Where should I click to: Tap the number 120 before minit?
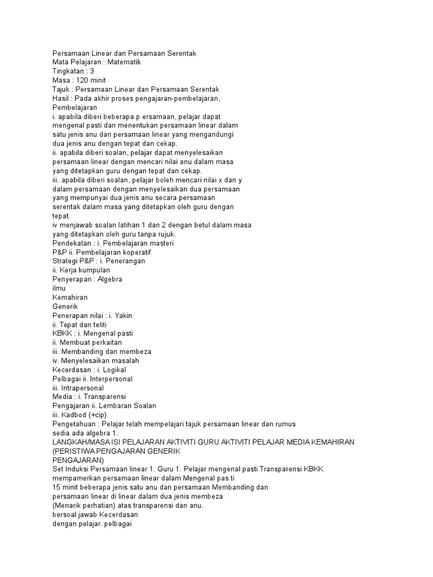pos(84,80)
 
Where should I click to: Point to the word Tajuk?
pos(61,89)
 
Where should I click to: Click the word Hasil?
pos(60,98)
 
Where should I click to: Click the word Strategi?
pos(66,261)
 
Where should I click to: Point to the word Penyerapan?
pos(72,279)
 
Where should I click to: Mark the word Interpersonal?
pos(111,379)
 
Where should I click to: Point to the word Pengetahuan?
pos(75,424)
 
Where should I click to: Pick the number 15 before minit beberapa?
pos(56,487)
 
